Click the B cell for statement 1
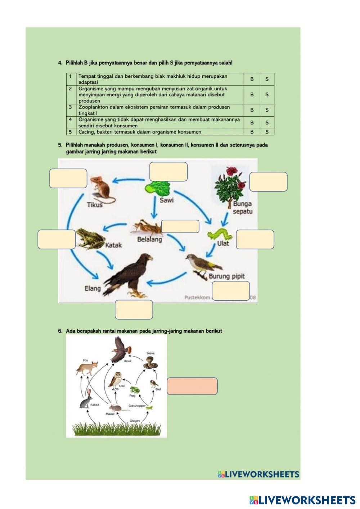click(x=252, y=79)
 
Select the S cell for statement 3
click(x=267, y=110)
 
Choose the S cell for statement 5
click(x=267, y=132)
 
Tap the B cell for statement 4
click(x=252, y=122)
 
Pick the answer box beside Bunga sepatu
click(x=268, y=182)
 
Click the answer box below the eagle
click(x=134, y=310)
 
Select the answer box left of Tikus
click(x=68, y=178)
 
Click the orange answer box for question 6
click(x=192, y=386)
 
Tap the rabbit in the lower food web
click(x=86, y=400)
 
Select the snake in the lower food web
click(x=149, y=362)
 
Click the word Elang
click(x=93, y=288)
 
